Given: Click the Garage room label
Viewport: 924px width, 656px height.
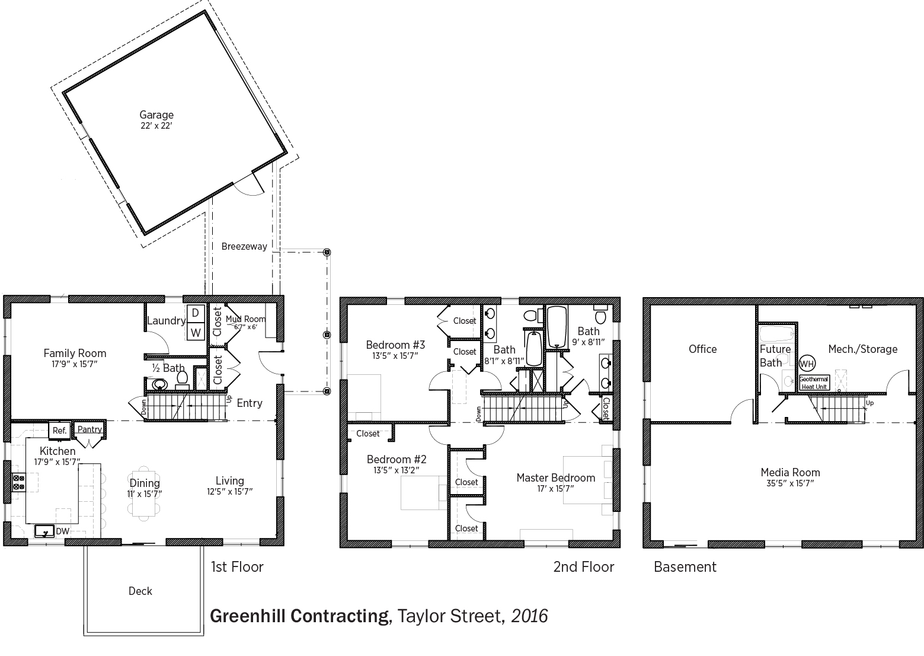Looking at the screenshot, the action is pyautogui.click(x=156, y=114).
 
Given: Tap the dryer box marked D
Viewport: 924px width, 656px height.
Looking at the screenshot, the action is pyautogui.click(x=196, y=314).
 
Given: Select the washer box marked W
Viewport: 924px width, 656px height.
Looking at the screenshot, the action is pyautogui.click(x=196, y=332).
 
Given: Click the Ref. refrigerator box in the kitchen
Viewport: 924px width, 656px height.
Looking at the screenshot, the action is pyautogui.click(x=60, y=431).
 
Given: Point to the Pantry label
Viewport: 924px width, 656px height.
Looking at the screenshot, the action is pyautogui.click(x=89, y=429).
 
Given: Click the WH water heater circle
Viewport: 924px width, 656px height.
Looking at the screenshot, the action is pyautogui.click(x=807, y=364).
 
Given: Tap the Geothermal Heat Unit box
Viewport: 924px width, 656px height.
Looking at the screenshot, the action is pyautogui.click(x=814, y=383).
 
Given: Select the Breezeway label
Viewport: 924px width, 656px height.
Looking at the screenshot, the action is pyautogui.click(x=244, y=247).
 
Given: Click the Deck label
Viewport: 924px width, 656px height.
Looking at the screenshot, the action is pyautogui.click(x=140, y=591).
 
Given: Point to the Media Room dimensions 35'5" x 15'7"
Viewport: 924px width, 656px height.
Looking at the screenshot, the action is pyautogui.click(x=790, y=483).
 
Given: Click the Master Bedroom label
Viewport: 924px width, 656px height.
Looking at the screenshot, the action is pyautogui.click(x=555, y=477).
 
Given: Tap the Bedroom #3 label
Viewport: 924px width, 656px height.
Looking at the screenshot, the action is pyautogui.click(x=395, y=345).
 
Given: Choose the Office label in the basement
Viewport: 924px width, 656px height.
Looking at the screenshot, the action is pyautogui.click(x=702, y=349).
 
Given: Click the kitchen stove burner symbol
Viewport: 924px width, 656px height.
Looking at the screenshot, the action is pyautogui.click(x=18, y=483).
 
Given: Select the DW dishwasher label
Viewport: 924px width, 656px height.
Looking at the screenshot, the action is pyautogui.click(x=63, y=531).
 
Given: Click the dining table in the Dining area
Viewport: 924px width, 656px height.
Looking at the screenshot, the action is pyautogui.click(x=143, y=493).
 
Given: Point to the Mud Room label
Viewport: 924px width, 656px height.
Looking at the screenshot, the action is pyautogui.click(x=245, y=319).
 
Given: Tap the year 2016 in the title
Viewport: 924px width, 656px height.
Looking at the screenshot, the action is pyautogui.click(x=530, y=616).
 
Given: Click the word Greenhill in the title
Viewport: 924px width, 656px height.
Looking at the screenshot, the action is pyautogui.click(x=248, y=616).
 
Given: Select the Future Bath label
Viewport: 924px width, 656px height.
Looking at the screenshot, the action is pyautogui.click(x=775, y=356).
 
